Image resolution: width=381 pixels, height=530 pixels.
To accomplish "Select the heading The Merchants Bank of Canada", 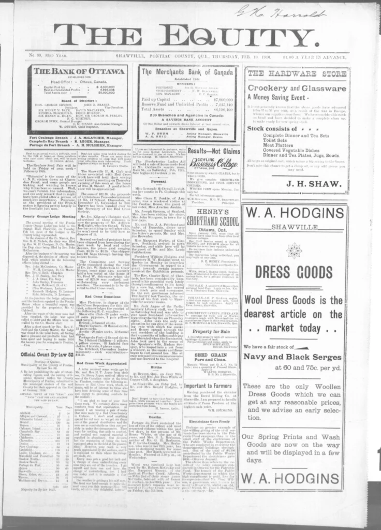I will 187,72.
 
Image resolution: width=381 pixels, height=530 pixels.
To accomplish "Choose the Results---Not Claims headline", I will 214,151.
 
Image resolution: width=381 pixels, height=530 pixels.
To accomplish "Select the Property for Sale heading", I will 214,331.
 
